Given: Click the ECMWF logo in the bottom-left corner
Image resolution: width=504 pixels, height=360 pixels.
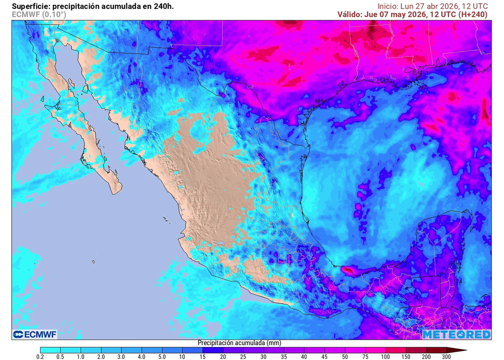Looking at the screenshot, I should pos(34,334).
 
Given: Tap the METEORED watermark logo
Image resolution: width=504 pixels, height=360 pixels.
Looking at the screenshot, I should pos(456,334).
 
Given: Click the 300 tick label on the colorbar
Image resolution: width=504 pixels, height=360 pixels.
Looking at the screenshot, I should pos(446,356).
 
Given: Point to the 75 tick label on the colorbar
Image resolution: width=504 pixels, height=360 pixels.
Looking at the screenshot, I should pos(365,356).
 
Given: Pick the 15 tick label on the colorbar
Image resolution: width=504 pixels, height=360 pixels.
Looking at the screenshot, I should pos(202,356).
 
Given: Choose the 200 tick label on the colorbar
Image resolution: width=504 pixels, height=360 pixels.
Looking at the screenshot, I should pos(426,356).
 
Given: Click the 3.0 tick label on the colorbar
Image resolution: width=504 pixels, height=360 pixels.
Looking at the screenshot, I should pos(121,356).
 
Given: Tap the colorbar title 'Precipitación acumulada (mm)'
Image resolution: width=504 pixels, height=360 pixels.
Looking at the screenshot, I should pos(239,343).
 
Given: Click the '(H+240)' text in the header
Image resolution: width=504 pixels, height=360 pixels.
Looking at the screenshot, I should pos(472,14).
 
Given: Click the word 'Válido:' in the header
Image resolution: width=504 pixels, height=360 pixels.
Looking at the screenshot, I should pos(349,14).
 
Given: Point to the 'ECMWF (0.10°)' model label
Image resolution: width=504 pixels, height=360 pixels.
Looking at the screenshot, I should pos(38,14).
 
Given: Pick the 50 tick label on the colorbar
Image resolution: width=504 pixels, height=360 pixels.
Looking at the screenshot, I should pos(345,356).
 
